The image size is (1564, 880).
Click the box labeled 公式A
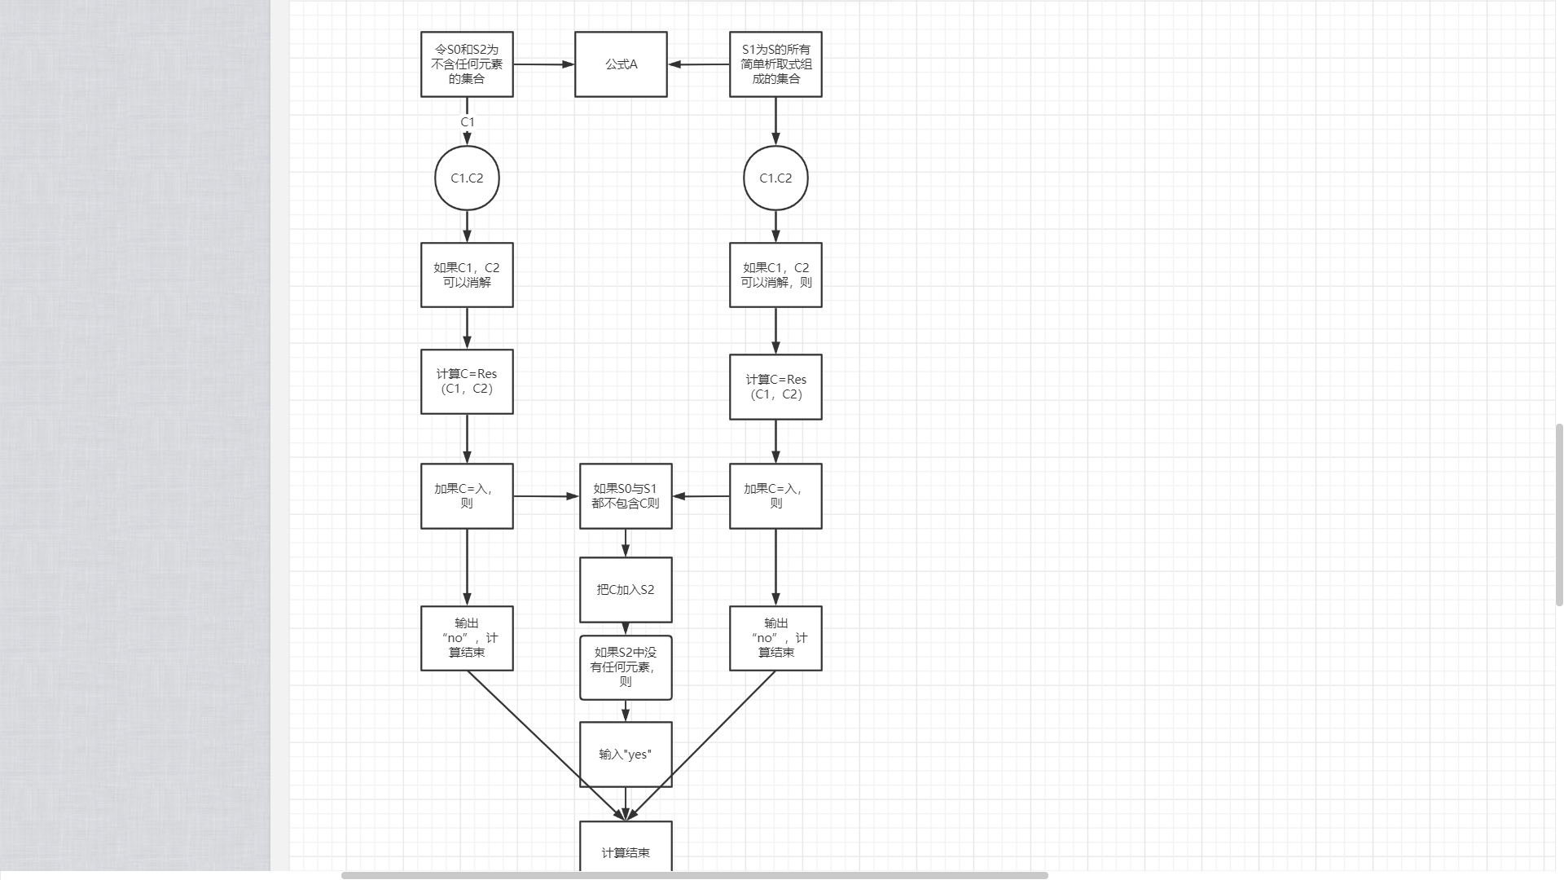(621, 64)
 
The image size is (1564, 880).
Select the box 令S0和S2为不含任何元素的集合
(467, 64)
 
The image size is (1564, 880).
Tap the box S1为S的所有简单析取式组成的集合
(775, 64)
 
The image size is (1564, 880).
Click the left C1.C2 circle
(467, 178)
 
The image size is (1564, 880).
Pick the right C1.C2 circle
(775, 178)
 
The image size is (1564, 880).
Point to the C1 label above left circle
(468, 122)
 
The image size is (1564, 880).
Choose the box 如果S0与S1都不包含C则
(626, 496)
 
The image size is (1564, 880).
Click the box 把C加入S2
(626, 590)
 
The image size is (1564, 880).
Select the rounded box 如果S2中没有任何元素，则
(626, 667)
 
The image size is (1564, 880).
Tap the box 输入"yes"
(626, 755)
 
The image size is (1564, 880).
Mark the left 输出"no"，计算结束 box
(467, 638)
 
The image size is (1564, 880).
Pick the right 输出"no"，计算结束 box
(775, 638)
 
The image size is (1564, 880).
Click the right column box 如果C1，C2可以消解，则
(775, 275)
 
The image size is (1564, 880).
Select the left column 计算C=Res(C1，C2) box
(467, 381)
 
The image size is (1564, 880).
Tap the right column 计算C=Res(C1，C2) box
(775, 387)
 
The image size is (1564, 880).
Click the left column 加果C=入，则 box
(467, 496)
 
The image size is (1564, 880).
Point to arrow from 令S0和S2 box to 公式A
(543, 64)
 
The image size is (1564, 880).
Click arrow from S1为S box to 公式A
(699, 64)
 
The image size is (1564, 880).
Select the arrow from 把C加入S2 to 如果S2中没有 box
(626, 629)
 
